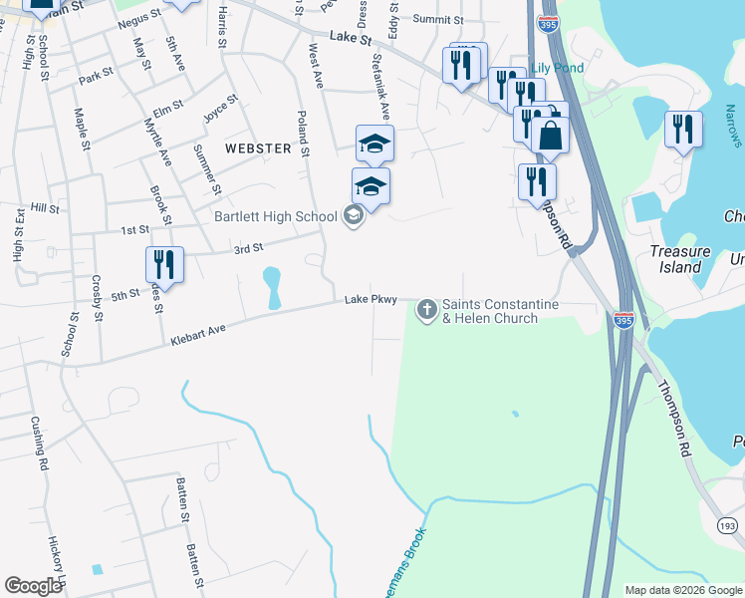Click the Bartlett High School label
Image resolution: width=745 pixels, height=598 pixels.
click(x=276, y=216)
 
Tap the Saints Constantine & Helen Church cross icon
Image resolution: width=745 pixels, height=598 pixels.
click(x=427, y=310)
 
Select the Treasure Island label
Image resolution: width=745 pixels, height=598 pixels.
click(x=676, y=259)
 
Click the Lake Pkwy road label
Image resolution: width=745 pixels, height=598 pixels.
click(x=371, y=299)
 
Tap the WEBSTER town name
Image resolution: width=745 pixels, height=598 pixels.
click(x=258, y=149)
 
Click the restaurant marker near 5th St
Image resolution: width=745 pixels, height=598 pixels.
click(x=164, y=266)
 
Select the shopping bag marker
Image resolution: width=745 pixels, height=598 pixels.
click(x=550, y=135)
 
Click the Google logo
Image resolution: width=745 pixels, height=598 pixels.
click(x=33, y=586)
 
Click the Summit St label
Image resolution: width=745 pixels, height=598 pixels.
click(x=438, y=19)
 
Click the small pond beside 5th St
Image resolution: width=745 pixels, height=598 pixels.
click(x=271, y=288)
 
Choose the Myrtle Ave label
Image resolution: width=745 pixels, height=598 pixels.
click(x=157, y=142)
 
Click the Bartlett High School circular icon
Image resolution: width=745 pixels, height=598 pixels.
click(x=352, y=215)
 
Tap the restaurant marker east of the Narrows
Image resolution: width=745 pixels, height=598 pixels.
click(x=683, y=130)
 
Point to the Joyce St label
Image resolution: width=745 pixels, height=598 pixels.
click(x=220, y=107)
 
